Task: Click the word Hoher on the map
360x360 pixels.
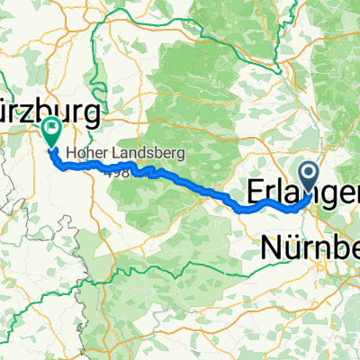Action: click(80, 154)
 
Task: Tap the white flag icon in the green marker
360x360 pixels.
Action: click(50, 130)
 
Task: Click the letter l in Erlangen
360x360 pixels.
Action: click(280, 193)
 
